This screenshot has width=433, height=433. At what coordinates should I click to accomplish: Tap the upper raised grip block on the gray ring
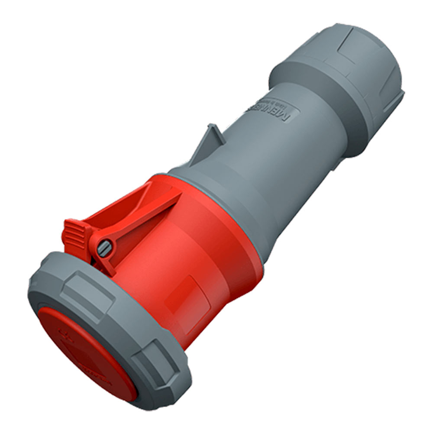click(87, 288)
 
